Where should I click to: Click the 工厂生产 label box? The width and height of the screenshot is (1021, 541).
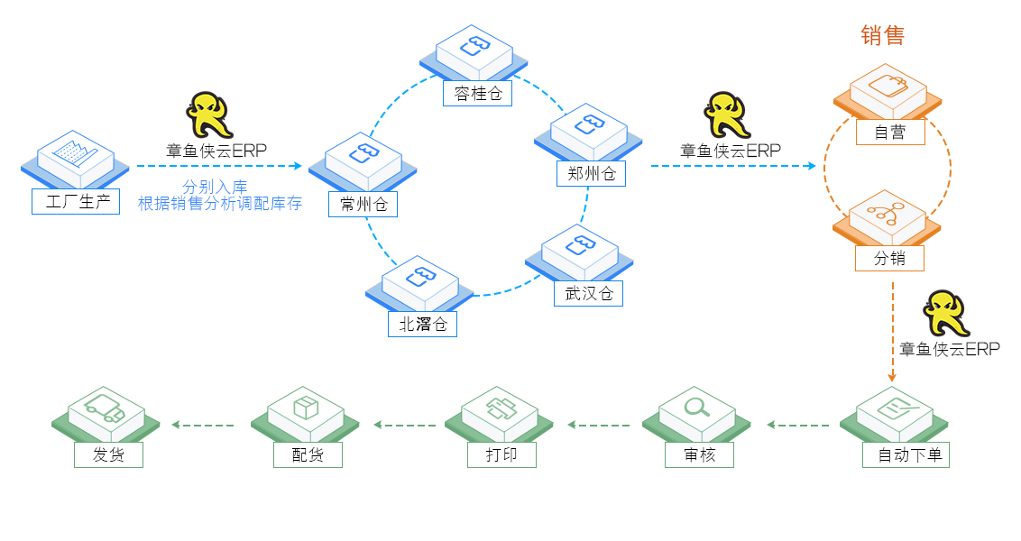[x=76, y=201]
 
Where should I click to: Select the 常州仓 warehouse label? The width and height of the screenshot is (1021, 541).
[x=363, y=205]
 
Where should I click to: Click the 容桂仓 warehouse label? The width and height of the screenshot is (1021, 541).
[x=478, y=93]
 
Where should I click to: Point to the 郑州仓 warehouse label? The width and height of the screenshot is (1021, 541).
[x=591, y=174]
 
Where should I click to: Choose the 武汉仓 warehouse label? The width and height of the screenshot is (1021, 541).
[x=588, y=293]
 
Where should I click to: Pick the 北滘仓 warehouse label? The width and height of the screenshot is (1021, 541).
[x=423, y=324]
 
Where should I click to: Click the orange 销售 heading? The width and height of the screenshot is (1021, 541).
[x=882, y=35]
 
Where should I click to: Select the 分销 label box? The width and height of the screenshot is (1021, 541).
[x=889, y=258]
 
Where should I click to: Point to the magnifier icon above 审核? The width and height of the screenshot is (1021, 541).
[x=696, y=408]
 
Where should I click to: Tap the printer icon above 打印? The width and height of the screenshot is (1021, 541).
[x=499, y=408]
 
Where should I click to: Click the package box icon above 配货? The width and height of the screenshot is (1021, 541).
[x=306, y=408]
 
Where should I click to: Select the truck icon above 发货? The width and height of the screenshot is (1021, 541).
[x=106, y=408]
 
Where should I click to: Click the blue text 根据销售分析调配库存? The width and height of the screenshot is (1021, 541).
[x=219, y=204]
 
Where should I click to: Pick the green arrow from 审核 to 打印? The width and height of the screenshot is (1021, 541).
[x=600, y=425]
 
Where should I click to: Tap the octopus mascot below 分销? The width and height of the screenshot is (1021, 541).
[x=947, y=313]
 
